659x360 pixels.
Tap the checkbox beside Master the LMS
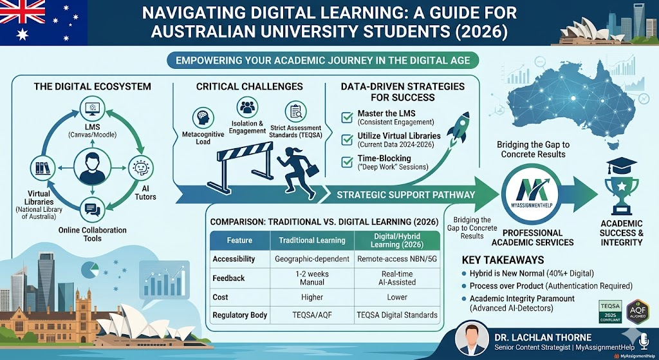347,115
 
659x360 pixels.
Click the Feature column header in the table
240,240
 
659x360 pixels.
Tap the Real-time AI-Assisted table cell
398,278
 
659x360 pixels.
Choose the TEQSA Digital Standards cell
398,315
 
